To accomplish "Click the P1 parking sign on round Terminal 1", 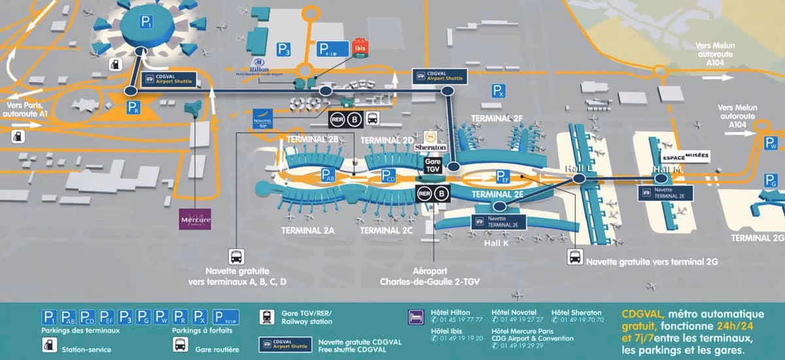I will tap(146, 22).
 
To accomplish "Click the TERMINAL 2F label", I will tap(498, 118).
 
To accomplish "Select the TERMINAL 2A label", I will tap(307, 230).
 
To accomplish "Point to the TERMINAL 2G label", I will tap(758, 238).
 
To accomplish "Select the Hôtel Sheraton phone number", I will tap(578, 320).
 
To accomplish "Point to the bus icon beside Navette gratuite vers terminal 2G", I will tap(575, 257).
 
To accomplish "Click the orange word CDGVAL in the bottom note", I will tap(638, 313).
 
